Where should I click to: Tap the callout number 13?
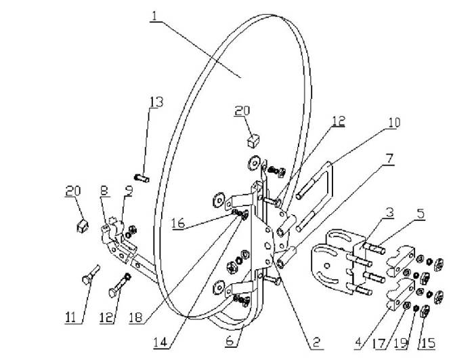(156, 102)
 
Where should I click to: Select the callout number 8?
(105, 190)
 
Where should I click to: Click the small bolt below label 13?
(142, 178)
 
